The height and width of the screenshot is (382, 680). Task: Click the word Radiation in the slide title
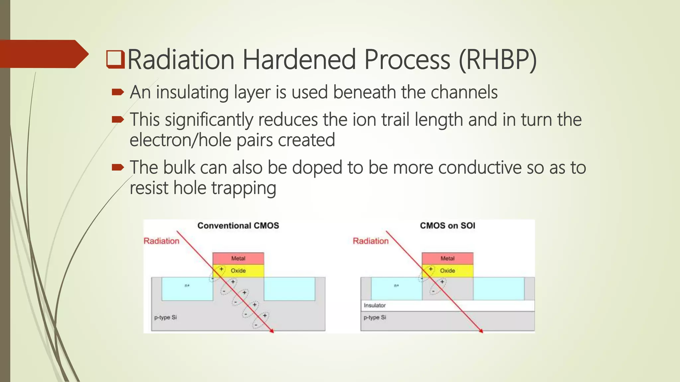tap(181, 60)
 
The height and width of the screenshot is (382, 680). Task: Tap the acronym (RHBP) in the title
tap(497, 60)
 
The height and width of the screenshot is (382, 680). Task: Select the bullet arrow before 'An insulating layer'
tap(118, 92)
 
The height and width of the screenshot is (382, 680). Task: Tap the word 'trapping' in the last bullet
tap(244, 188)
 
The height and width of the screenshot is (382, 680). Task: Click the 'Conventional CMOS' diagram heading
tap(238, 225)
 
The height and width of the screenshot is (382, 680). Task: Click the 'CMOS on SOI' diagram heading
tap(447, 225)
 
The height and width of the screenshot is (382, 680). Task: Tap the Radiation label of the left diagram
tap(161, 241)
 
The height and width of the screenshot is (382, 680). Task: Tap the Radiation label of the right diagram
tap(371, 241)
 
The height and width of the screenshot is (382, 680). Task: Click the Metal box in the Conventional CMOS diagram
tap(238, 258)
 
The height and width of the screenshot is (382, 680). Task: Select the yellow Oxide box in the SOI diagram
tap(447, 271)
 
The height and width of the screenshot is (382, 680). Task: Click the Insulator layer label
tap(375, 305)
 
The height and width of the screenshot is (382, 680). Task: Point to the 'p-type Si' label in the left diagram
tap(165, 317)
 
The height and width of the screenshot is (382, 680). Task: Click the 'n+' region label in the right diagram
tap(396, 286)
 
